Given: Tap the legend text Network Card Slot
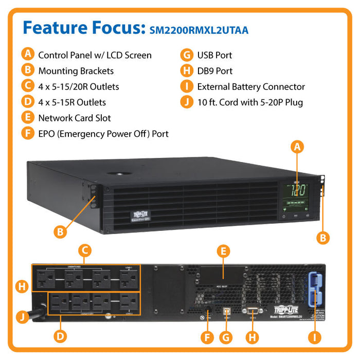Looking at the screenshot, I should point(75,118).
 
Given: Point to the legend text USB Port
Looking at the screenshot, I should point(214,55).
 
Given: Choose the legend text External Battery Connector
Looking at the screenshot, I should point(251,87).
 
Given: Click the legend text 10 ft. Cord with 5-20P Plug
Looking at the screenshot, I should point(250,102).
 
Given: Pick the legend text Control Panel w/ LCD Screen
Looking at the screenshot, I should point(95,55).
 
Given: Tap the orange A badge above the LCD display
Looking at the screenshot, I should point(297,147).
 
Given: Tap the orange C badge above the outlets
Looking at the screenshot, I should point(85,250).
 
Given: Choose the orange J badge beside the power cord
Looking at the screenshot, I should point(22,317).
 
